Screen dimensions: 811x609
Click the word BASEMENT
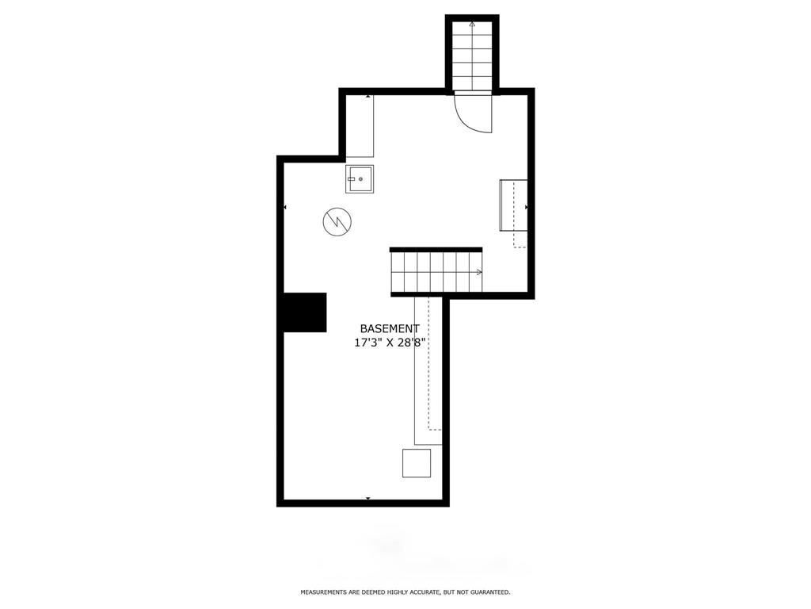point(390,328)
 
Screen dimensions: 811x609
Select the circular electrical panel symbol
point(337,222)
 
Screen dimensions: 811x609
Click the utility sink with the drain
point(360,178)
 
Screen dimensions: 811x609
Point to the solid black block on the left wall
point(305,312)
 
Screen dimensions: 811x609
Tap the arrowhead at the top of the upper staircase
point(472,24)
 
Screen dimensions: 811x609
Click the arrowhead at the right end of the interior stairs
point(479,272)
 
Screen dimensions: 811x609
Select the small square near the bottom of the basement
point(417,463)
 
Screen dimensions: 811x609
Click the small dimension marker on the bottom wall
point(368,498)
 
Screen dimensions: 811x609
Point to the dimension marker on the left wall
point(285,207)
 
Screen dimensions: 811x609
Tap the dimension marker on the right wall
point(527,207)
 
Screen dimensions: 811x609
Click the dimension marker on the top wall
point(368,96)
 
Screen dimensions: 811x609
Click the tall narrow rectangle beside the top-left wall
point(360,126)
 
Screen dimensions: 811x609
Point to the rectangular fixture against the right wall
point(513,205)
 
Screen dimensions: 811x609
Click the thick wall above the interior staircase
point(436,250)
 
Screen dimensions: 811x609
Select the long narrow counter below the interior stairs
point(428,371)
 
